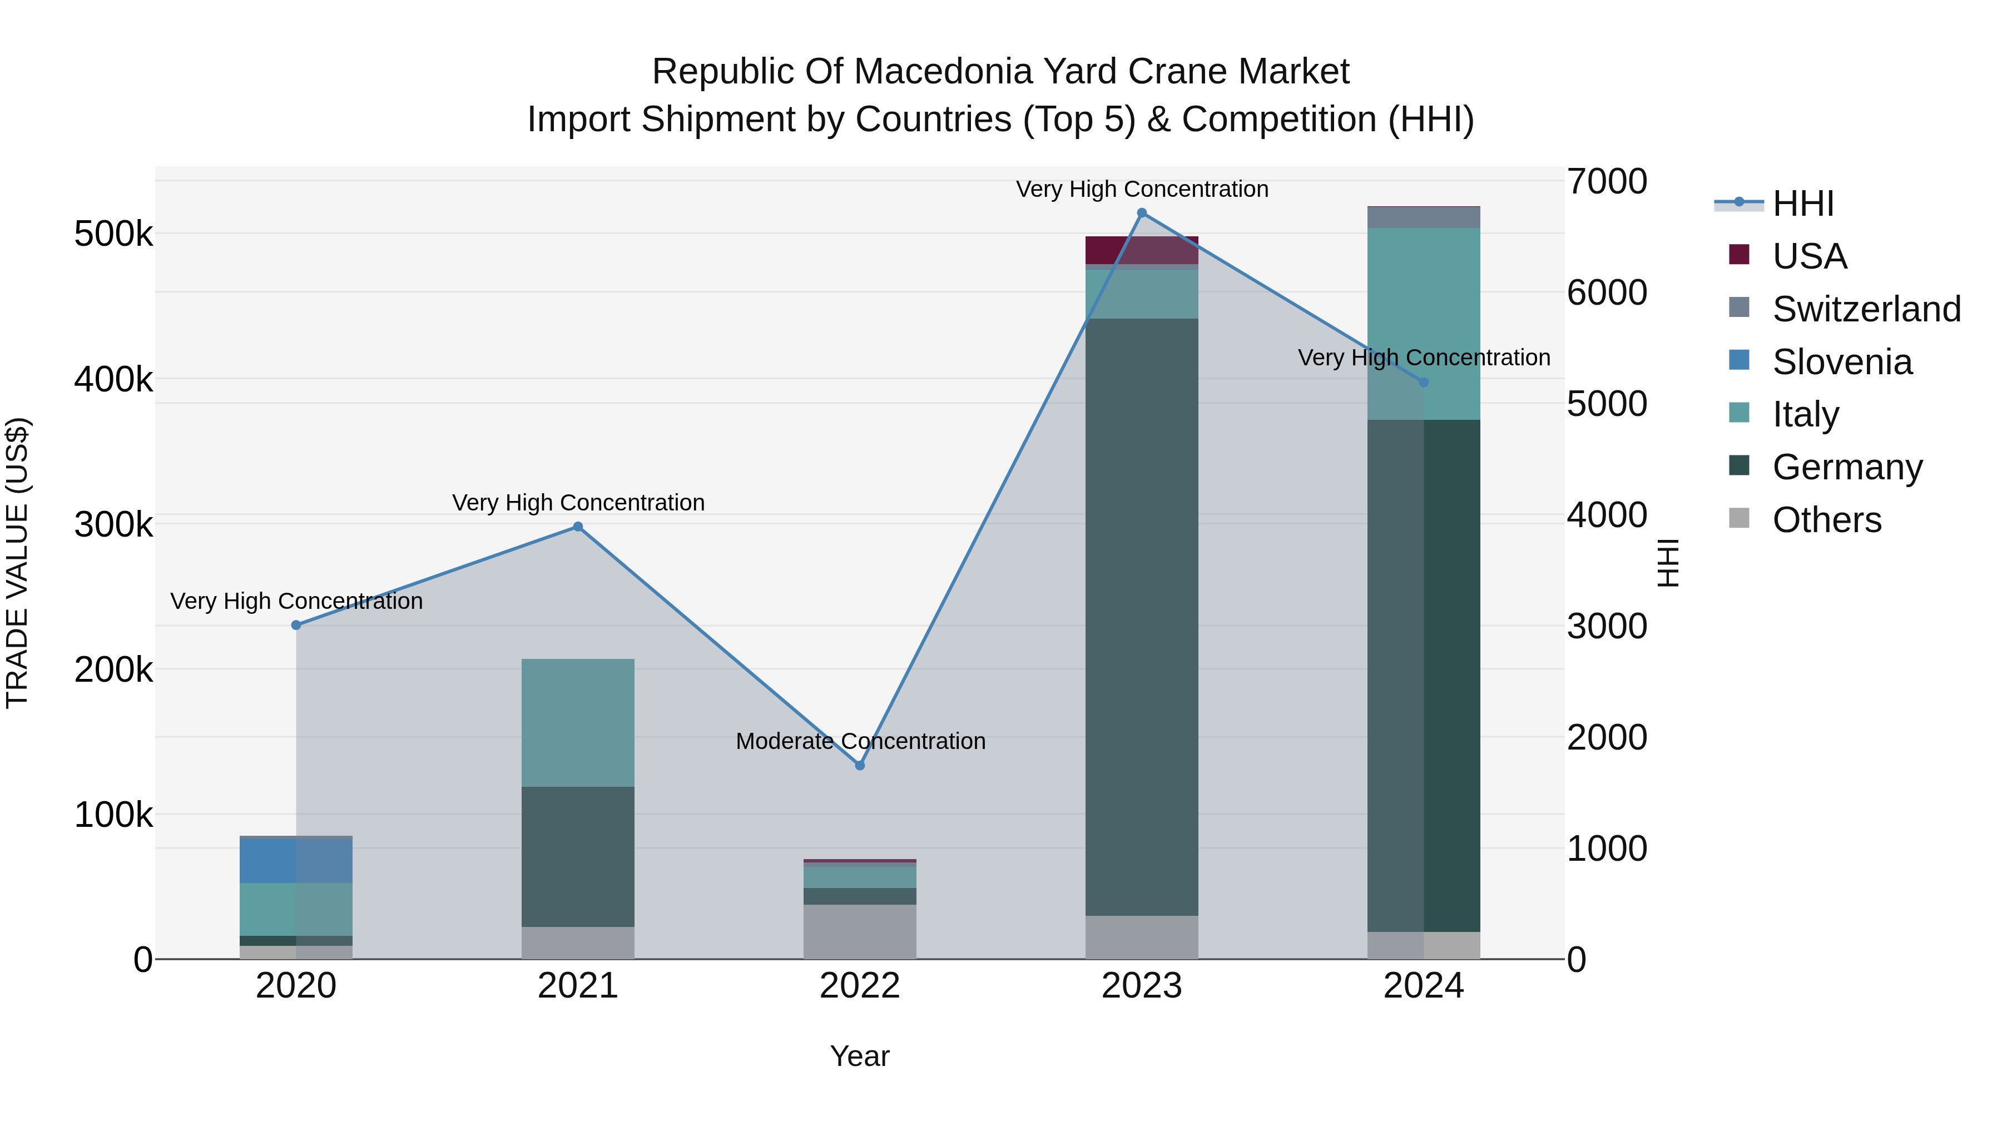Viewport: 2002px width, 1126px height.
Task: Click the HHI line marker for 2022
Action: tap(860, 766)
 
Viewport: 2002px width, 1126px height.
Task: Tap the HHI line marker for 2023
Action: tap(1142, 213)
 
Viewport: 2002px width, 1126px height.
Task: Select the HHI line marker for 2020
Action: tap(296, 625)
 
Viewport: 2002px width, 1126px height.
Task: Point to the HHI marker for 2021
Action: tap(577, 527)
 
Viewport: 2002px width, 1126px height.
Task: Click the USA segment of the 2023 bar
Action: tap(1142, 250)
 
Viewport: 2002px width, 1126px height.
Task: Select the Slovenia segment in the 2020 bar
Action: tap(296, 860)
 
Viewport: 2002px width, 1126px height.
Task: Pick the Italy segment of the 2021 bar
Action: tap(577, 723)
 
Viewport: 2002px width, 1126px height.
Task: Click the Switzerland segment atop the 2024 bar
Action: tap(1424, 217)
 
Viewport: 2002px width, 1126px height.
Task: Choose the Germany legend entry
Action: tap(1846, 467)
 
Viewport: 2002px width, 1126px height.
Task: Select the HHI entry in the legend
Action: tap(1802, 204)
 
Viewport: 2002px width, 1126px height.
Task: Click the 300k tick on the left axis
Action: tap(113, 524)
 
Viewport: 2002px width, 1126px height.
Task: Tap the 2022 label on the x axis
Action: tap(860, 986)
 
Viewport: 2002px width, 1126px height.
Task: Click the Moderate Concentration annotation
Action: tap(860, 741)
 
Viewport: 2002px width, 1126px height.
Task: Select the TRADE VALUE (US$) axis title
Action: tap(17, 563)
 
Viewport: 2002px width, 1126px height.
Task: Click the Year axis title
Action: tap(860, 1056)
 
